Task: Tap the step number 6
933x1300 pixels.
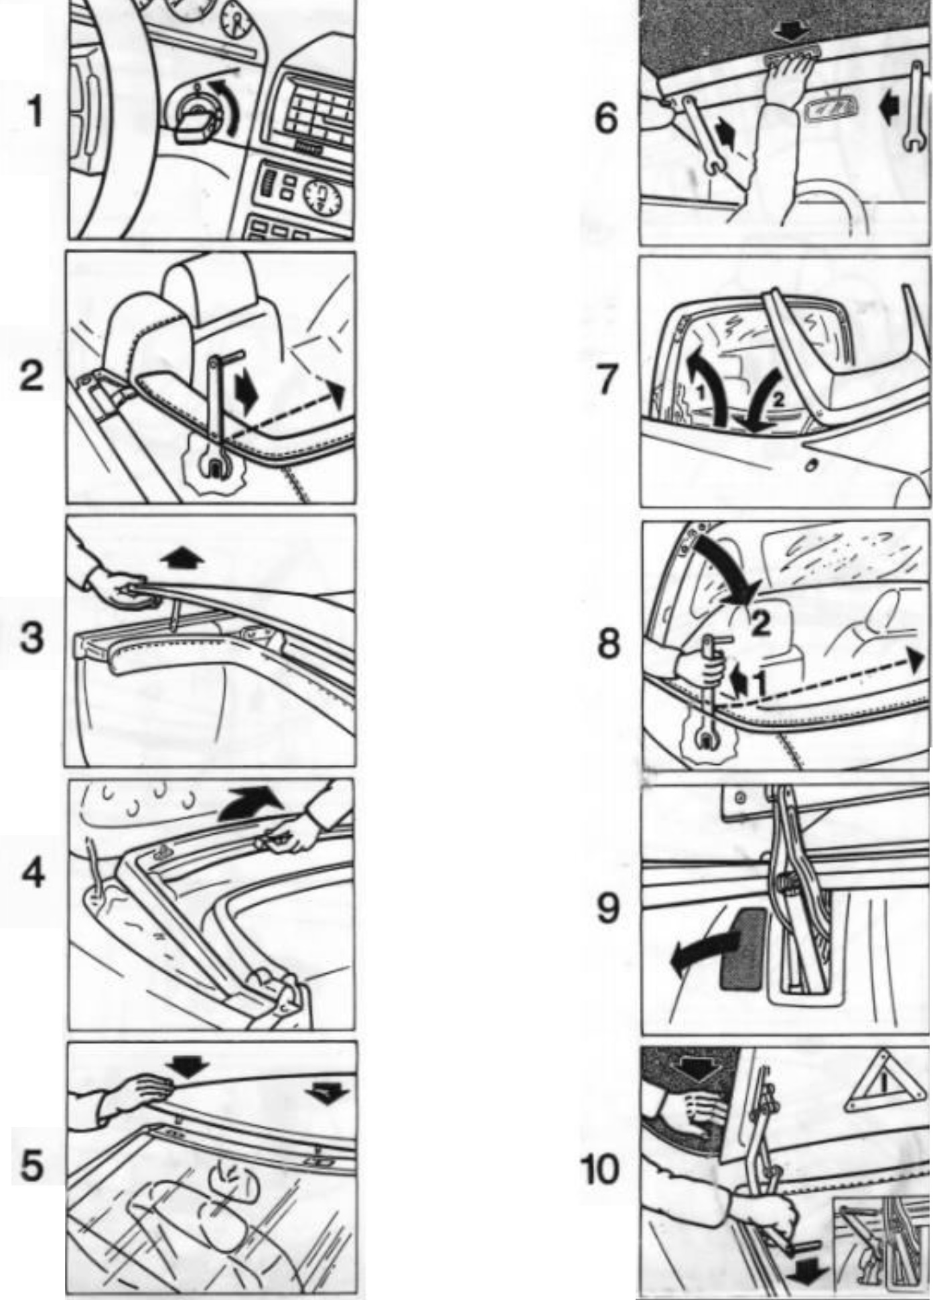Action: pos(606,120)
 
